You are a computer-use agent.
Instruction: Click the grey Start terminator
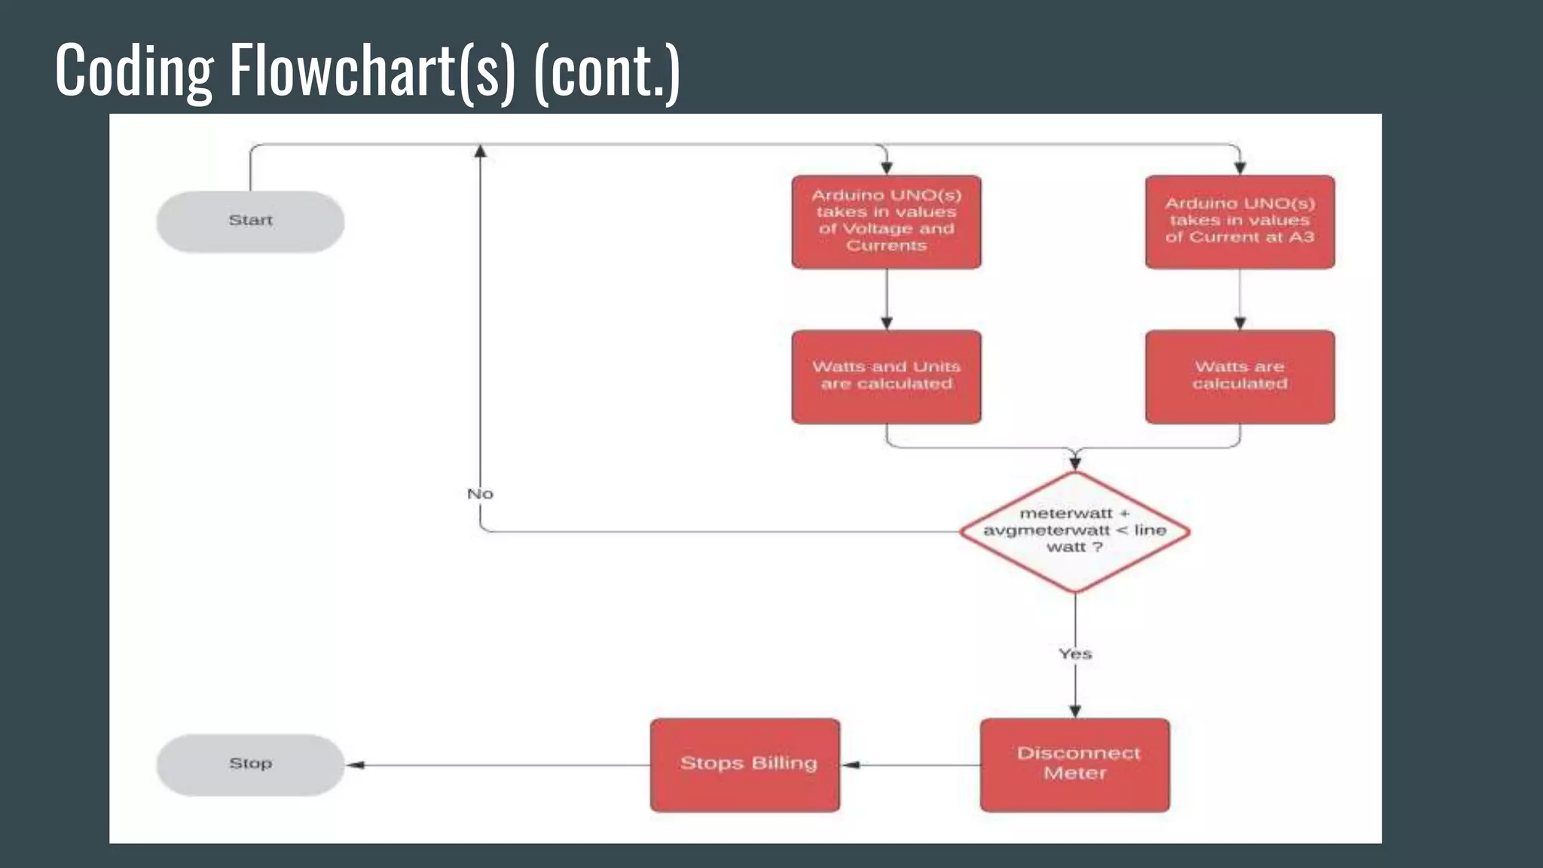click(x=250, y=222)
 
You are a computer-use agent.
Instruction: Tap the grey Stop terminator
click(x=250, y=765)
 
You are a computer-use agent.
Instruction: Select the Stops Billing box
click(x=745, y=765)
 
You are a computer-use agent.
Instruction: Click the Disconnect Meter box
click(x=1075, y=765)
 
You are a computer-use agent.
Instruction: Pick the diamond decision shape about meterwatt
click(x=1075, y=531)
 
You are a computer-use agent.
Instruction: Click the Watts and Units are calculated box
click(x=886, y=377)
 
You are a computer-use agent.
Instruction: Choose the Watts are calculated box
click(x=1239, y=377)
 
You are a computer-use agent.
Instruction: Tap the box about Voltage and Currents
click(x=886, y=222)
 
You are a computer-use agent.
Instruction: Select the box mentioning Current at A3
click(x=1239, y=222)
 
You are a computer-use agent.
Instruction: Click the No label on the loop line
click(x=480, y=494)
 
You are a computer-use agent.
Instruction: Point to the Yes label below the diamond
click(x=1075, y=654)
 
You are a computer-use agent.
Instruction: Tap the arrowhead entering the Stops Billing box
click(x=850, y=765)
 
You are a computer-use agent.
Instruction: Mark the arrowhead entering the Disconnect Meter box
click(x=1075, y=711)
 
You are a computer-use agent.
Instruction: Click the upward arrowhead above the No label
click(x=481, y=151)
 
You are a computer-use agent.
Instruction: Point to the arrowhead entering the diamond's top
click(x=1075, y=463)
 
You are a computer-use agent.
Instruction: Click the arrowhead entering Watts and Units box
click(x=887, y=322)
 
